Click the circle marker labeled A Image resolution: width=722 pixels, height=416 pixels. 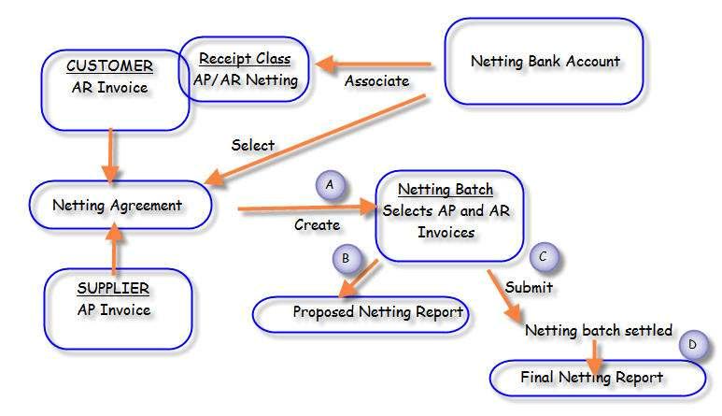[x=329, y=185]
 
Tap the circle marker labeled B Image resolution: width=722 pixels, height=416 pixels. [x=345, y=257]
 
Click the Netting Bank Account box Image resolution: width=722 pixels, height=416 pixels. [x=545, y=62]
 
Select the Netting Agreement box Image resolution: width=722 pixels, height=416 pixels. [x=119, y=205]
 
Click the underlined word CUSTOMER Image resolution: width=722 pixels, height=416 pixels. [x=108, y=66]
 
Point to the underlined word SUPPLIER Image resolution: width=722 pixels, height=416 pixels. [x=113, y=288]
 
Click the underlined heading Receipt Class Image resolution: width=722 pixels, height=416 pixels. [x=246, y=59]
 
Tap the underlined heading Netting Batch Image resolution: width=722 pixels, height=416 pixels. [x=446, y=189]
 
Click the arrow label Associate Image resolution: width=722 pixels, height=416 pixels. [x=376, y=81]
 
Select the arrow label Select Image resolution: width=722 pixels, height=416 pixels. [x=253, y=145]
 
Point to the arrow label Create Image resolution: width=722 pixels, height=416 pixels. [x=317, y=224]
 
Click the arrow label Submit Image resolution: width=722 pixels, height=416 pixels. [x=529, y=286]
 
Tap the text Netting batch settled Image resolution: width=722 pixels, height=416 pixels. [x=598, y=331]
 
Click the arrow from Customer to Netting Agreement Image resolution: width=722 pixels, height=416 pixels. [x=111, y=154]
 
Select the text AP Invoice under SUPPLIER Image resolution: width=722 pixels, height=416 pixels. [x=113, y=309]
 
